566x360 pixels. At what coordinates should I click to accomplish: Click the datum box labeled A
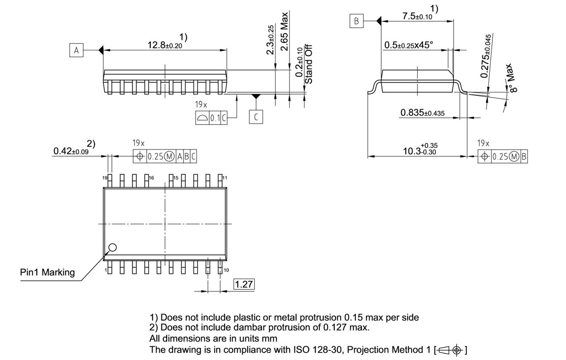76,50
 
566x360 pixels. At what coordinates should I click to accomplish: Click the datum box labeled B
356,21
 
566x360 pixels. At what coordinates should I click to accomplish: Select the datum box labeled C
256,117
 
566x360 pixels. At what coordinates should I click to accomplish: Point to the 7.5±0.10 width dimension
417,16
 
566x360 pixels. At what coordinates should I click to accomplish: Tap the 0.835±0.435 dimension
422,113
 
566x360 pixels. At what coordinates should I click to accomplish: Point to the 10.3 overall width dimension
419,150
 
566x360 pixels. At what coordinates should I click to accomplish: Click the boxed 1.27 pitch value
244,284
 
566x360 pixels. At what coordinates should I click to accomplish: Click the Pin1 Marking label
48,272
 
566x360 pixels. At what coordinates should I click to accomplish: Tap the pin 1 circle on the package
113,247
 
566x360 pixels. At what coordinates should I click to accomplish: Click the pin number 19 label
105,178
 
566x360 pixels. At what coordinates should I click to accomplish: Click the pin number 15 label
176,178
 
